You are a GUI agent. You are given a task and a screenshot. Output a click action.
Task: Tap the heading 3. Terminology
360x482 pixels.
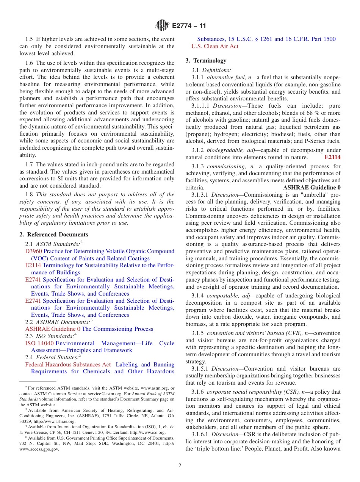tap(206, 61)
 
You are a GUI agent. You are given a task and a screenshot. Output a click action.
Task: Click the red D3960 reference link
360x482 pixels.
tap(33, 251)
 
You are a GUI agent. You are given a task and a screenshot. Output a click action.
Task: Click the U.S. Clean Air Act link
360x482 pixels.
tap(214, 46)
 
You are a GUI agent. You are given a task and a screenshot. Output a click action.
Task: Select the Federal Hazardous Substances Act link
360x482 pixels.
tap(68, 365)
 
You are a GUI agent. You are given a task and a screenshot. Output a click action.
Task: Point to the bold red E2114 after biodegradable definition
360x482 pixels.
tap(332, 157)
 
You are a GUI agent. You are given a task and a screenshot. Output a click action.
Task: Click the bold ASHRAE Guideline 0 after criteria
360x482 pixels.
tap(311, 188)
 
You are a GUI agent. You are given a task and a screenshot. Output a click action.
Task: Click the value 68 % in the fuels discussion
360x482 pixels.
tap(311, 113)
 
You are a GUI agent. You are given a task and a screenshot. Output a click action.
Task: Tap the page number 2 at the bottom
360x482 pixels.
tap(180, 466)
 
